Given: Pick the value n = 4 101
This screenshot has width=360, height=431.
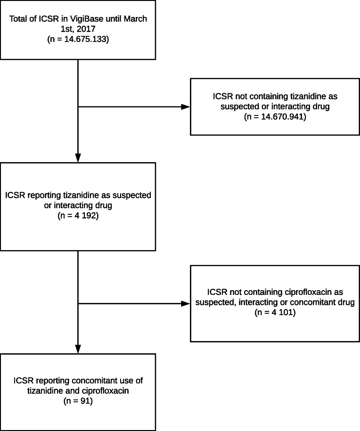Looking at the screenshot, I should click(x=276, y=312).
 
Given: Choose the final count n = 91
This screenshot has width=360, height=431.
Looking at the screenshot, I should click(x=77, y=402).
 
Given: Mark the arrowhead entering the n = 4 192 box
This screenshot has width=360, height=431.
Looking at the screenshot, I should click(x=77, y=158).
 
